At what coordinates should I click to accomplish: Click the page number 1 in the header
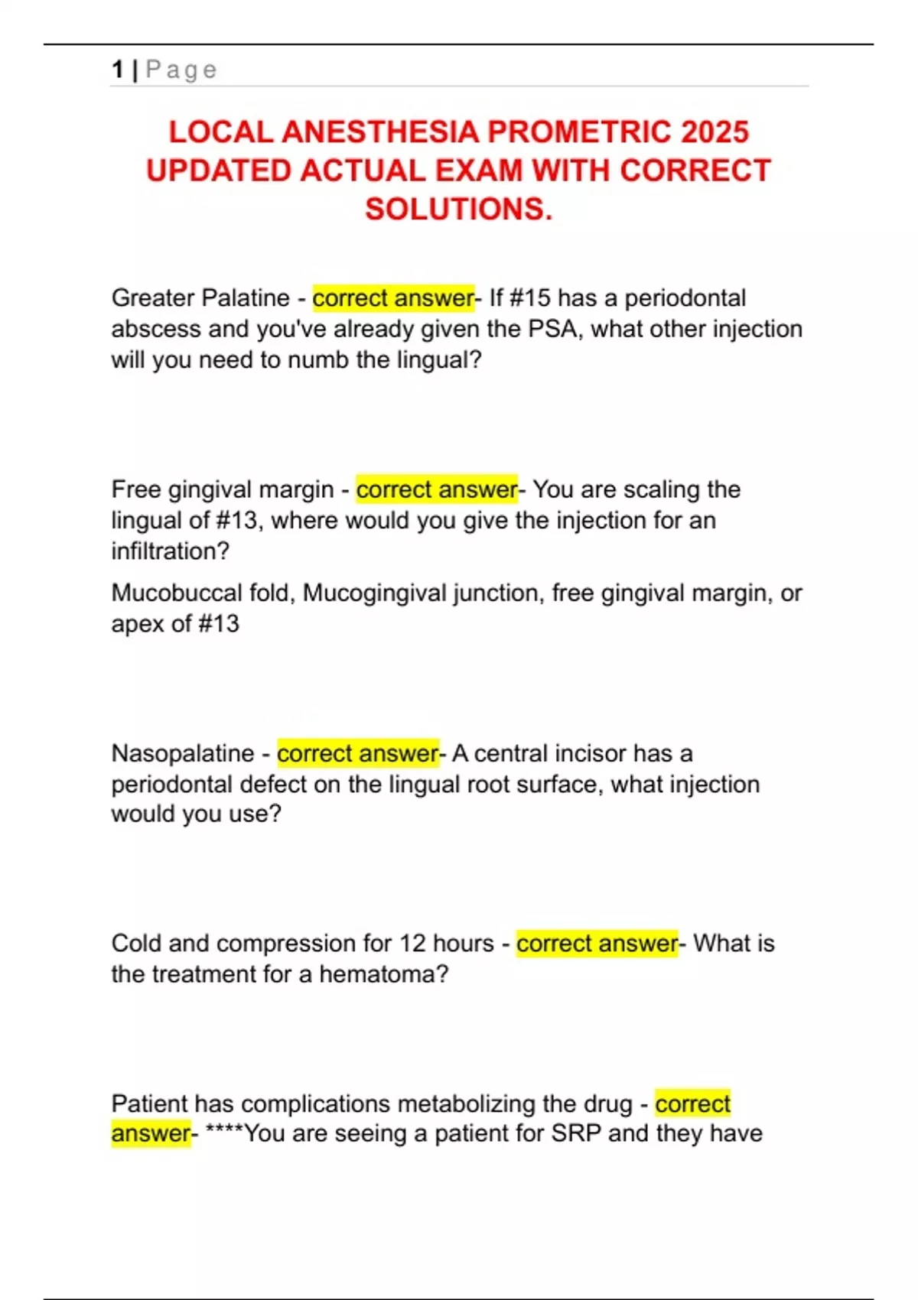[x=117, y=70]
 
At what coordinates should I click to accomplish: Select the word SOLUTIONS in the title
[x=458, y=209]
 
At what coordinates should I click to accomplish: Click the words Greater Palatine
[x=200, y=297]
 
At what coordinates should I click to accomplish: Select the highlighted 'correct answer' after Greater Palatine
[x=393, y=297]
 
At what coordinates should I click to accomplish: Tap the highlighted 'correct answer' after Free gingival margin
[x=437, y=489]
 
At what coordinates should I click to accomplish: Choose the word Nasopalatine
[x=183, y=753]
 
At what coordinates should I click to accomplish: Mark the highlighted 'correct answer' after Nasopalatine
[x=358, y=753]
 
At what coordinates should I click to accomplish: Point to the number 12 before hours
[x=412, y=943]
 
